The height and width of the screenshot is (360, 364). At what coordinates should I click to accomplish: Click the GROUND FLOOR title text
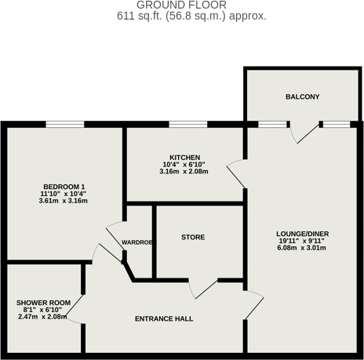pyautogui.click(x=182, y=5)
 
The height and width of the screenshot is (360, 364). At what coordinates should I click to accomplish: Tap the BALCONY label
pyautogui.click(x=302, y=96)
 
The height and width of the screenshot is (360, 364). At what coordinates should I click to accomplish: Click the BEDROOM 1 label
pyautogui.click(x=63, y=186)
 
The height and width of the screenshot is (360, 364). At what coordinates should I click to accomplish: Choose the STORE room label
pyautogui.click(x=193, y=237)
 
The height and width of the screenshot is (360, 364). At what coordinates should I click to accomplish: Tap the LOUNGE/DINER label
pyautogui.click(x=302, y=234)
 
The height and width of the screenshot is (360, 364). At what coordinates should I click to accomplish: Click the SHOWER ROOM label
pyautogui.click(x=43, y=303)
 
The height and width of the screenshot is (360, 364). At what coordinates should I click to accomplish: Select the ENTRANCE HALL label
pyautogui.click(x=164, y=319)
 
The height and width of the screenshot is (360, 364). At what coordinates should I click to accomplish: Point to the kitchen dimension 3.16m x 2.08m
pyautogui.click(x=184, y=172)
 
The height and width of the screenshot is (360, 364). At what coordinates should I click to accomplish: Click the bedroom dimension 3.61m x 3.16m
pyautogui.click(x=63, y=201)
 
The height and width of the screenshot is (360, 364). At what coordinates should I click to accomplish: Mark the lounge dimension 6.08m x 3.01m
pyautogui.click(x=302, y=248)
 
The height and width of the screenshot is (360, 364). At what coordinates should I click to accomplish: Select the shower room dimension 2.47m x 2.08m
pyautogui.click(x=43, y=318)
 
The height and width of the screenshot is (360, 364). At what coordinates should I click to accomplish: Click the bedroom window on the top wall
pyautogui.click(x=64, y=124)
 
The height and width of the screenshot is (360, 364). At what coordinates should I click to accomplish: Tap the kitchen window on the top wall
pyautogui.click(x=188, y=124)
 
